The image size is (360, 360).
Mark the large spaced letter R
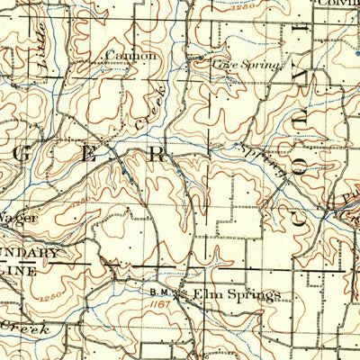point(157,154)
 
